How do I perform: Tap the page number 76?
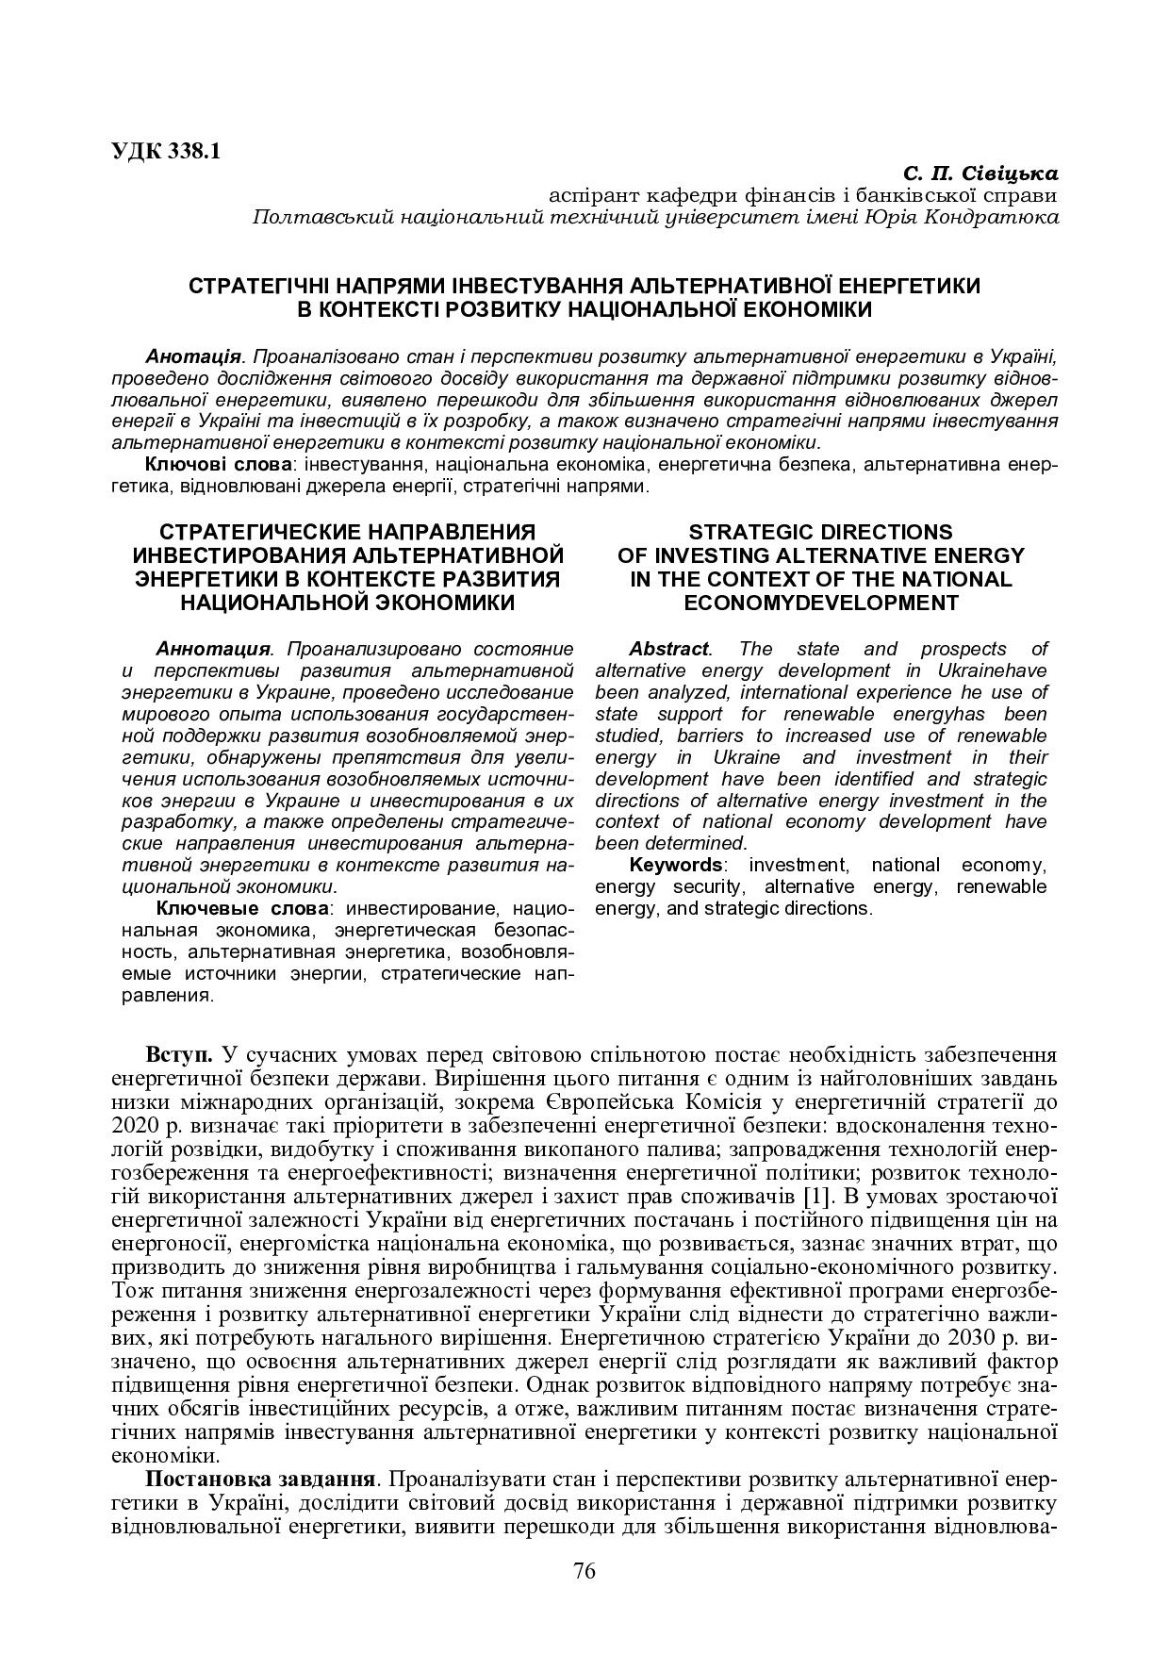(x=584, y=1570)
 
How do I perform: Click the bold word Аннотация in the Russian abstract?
(x=213, y=650)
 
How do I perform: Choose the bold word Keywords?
(x=675, y=866)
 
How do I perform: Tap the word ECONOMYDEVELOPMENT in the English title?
(x=820, y=603)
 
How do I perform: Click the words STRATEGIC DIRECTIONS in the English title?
(x=820, y=532)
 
